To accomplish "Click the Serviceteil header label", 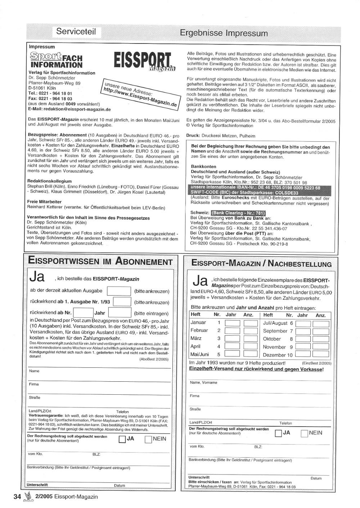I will (x=76, y=32).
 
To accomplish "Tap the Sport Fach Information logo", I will (x=56, y=60).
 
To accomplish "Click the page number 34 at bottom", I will (x=17, y=496).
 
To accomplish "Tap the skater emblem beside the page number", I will (x=28, y=496).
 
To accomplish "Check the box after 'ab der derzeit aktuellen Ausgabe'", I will (x=119, y=291).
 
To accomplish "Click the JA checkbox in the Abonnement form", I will (x=122, y=439).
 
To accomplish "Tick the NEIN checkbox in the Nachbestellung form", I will (x=304, y=433).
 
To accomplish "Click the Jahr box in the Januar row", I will (x=232, y=323).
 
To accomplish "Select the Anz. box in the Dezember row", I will (x=320, y=355).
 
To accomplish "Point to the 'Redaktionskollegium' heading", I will (x=50, y=181).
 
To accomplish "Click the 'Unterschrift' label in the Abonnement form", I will (x=37, y=485).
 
